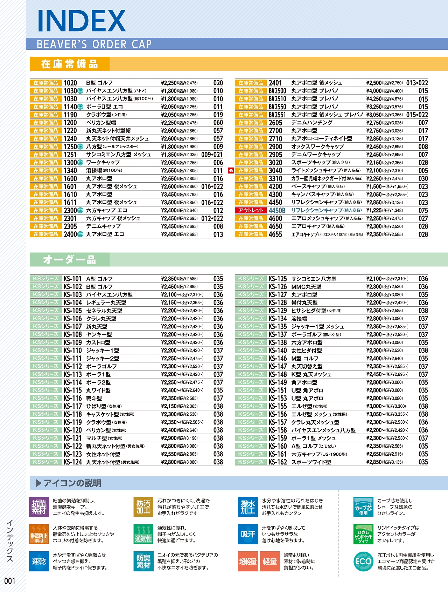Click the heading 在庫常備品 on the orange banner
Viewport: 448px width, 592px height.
point(69,64)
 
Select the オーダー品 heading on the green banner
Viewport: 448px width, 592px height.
point(69,260)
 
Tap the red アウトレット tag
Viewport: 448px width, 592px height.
point(251,210)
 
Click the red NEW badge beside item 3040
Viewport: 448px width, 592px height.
point(231,171)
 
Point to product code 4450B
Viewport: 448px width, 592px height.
point(277,210)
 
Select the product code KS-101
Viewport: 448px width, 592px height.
point(72,279)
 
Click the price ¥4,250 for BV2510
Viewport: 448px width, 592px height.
point(374,99)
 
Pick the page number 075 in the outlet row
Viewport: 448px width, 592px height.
point(423,210)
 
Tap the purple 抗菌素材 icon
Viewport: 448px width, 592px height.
point(39,507)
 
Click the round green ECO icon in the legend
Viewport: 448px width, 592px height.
point(363,562)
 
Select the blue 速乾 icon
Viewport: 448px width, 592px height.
point(39,562)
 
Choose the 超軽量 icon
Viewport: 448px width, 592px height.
point(248,562)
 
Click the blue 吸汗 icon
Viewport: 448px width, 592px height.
point(248,534)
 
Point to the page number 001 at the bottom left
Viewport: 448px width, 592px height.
point(10,581)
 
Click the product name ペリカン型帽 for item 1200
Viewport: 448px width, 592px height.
point(101,123)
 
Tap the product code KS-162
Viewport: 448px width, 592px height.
point(278,462)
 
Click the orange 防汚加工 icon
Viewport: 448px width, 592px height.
point(143,507)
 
